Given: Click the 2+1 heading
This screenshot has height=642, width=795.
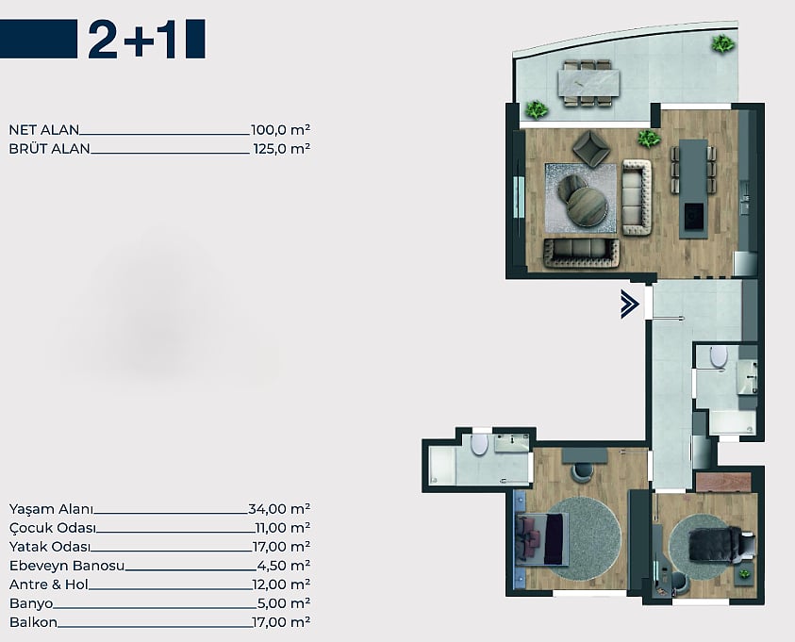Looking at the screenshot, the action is click(x=132, y=40).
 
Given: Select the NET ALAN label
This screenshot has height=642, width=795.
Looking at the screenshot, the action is click(x=44, y=130).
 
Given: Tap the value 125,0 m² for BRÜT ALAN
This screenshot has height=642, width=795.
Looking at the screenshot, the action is click(x=281, y=148).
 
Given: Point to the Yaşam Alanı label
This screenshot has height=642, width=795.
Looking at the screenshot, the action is click(x=51, y=509).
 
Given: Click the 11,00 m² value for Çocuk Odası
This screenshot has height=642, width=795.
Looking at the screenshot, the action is click(x=282, y=528).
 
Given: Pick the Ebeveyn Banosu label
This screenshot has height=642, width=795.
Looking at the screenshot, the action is click(x=67, y=566).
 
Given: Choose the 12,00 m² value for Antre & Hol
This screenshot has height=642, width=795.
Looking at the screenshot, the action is click(x=281, y=584).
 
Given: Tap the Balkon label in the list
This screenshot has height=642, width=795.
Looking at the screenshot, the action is click(x=33, y=622).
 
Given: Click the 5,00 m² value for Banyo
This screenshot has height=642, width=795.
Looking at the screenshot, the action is click(x=284, y=603).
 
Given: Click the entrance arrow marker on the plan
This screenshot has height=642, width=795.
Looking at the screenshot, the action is click(x=629, y=304).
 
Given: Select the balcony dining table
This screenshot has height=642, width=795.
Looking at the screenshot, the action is click(x=588, y=83).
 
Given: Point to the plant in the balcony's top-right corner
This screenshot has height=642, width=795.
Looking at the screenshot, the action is click(x=722, y=44).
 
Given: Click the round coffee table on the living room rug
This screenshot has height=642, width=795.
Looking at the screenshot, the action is click(x=588, y=206).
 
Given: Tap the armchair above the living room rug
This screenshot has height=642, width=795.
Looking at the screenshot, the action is click(x=591, y=148).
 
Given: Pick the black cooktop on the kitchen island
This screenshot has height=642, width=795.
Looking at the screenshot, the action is click(x=693, y=217).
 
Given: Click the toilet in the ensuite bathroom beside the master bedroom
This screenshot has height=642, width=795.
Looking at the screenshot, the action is click(x=479, y=444).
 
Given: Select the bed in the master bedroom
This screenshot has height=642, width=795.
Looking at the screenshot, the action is click(x=541, y=538).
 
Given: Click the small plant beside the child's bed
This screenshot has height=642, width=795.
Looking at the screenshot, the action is click(x=744, y=574).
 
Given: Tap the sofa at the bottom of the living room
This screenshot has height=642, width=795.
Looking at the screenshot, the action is click(x=582, y=253).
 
